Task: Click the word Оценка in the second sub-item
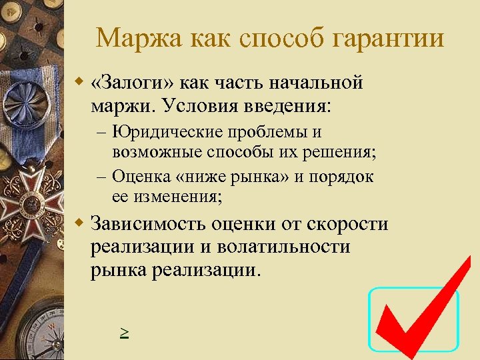coord(139,177)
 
